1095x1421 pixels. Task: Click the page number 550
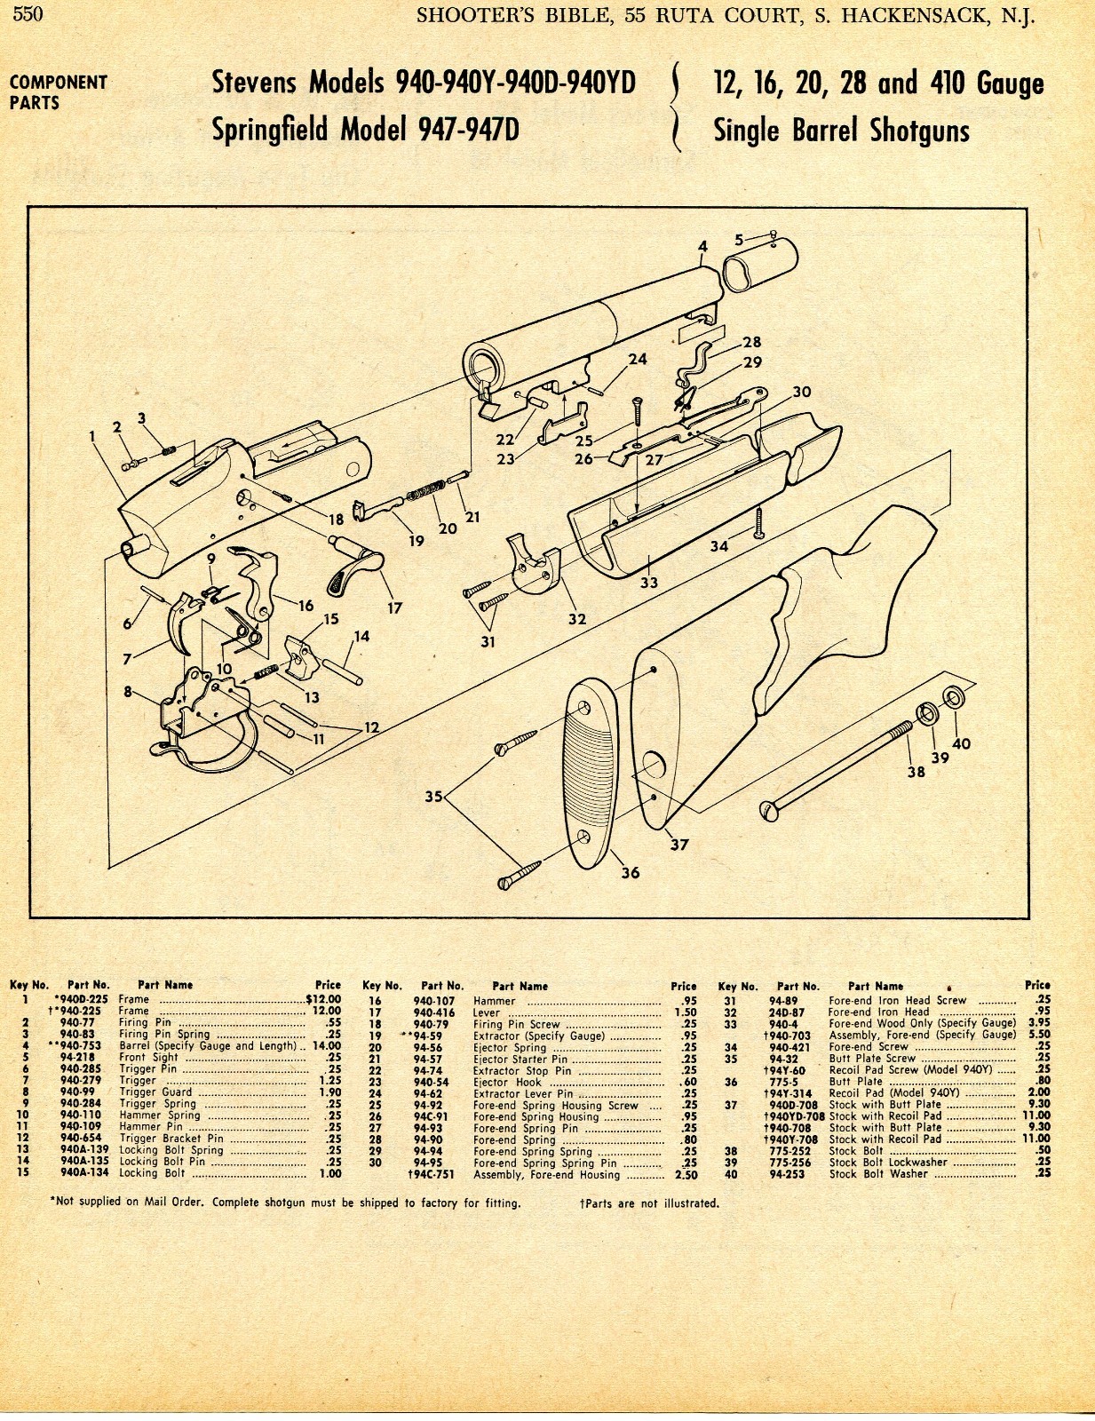[x=28, y=14]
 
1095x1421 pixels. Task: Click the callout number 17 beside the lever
[x=394, y=608]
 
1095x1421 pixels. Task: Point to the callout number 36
[x=630, y=873]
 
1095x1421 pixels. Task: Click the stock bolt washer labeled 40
[x=952, y=698]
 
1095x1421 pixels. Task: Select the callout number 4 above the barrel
[x=702, y=247]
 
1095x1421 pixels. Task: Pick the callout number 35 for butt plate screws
[x=433, y=797]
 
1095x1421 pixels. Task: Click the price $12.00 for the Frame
[x=323, y=999]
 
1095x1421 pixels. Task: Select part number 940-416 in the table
[x=433, y=1012]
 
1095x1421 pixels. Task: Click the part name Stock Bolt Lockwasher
[x=888, y=1163]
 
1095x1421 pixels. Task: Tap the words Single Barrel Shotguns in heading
[x=841, y=131]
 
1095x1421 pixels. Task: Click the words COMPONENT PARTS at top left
[x=58, y=92]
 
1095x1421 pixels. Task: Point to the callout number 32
[x=577, y=619]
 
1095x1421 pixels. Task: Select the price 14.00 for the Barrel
[x=327, y=1046]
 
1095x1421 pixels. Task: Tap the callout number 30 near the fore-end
[x=801, y=392]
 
